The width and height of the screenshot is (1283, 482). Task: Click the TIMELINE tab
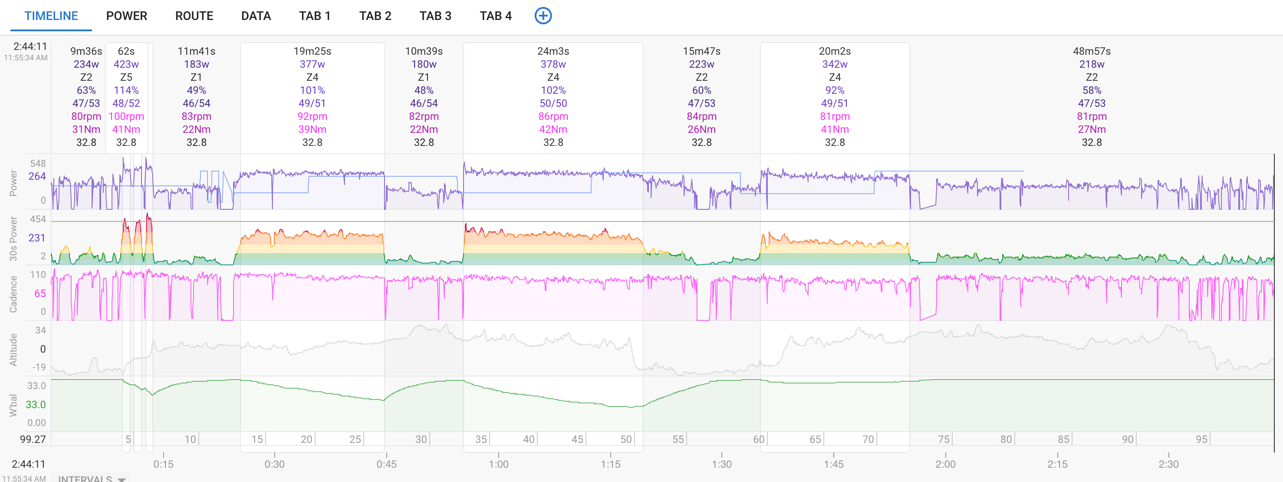click(x=51, y=16)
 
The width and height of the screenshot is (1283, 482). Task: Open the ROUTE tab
click(x=194, y=16)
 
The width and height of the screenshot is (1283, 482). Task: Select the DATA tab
click(x=256, y=16)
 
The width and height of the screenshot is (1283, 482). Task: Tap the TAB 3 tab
click(x=435, y=16)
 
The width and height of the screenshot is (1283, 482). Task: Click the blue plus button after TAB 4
click(x=543, y=16)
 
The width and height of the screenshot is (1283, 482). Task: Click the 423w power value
click(x=126, y=64)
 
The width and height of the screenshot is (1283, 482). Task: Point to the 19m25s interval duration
click(x=312, y=51)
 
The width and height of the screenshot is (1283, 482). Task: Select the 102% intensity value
click(x=553, y=90)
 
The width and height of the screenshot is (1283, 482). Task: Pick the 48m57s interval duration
click(x=1091, y=51)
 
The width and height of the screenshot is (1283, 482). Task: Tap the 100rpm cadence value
click(x=126, y=116)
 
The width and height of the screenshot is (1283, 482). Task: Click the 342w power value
click(x=835, y=64)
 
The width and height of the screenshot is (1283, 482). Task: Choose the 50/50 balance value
click(x=553, y=103)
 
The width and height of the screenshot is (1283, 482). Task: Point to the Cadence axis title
click(x=13, y=294)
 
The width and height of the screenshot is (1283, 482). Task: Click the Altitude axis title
click(x=13, y=350)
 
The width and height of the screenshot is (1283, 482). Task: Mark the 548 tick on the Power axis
click(x=38, y=164)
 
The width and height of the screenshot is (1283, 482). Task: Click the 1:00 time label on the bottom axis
click(x=499, y=465)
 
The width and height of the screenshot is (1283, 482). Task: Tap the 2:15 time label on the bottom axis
click(x=1057, y=465)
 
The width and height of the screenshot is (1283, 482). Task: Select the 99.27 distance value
click(x=33, y=439)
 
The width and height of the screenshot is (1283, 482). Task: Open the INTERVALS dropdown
click(x=92, y=479)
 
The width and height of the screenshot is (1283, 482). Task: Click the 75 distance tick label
click(x=943, y=439)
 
